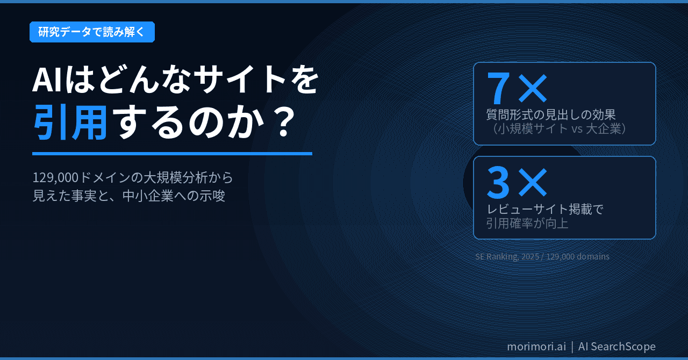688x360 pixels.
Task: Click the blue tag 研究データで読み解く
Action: [92, 32]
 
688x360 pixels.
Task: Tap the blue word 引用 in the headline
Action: [70, 122]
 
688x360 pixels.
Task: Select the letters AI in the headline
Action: [48, 81]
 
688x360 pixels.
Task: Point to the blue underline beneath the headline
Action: [172, 154]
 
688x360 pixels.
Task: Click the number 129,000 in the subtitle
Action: [55, 177]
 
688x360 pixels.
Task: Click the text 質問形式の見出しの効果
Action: [551, 114]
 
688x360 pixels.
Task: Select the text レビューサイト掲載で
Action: [544, 209]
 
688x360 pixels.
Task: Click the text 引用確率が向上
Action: [527, 223]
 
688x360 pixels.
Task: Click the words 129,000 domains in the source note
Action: [578, 256]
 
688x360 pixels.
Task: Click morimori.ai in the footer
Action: [536, 347]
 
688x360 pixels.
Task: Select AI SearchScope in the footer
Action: [617, 347]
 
